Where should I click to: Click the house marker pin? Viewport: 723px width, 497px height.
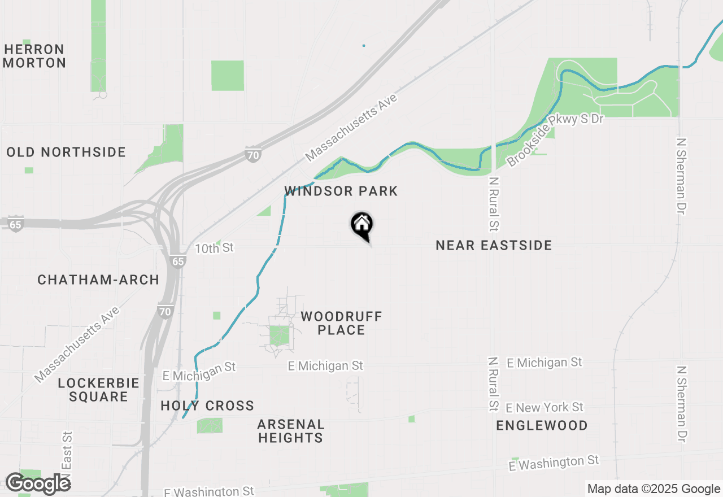[x=361, y=225]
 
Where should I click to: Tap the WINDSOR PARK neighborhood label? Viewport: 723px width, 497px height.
[x=341, y=191]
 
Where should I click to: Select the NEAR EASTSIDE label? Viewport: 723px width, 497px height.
[x=494, y=245]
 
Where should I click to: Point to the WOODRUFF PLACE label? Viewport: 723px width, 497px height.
[x=341, y=323]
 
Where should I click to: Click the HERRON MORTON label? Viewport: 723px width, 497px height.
[x=34, y=56]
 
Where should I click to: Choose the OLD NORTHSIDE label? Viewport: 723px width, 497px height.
[x=66, y=152]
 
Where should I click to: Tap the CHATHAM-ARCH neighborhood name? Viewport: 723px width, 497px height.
[x=98, y=280]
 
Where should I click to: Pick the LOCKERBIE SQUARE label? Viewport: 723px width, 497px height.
[x=98, y=390]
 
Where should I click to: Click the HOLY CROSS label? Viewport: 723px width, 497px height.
[x=207, y=406]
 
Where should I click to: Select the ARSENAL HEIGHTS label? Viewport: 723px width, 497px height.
[x=291, y=430]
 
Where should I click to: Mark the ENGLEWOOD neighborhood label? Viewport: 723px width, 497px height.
[x=542, y=425]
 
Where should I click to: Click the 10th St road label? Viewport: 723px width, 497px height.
[x=214, y=249]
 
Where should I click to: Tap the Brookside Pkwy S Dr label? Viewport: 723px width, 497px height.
[x=555, y=139]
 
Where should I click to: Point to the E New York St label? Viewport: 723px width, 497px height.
[x=545, y=407]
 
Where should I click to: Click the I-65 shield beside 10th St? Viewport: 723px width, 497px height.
[x=178, y=261]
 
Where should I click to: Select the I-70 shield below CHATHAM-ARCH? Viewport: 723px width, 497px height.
[x=165, y=312]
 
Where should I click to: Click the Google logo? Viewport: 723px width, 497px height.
[x=38, y=483]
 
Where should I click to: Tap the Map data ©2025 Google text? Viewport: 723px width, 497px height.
[x=653, y=489]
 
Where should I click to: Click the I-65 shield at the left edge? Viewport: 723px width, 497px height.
[x=15, y=224]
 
